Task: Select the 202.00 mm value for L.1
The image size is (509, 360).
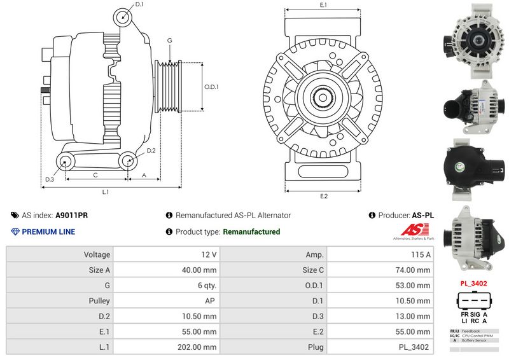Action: [x=200, y=347]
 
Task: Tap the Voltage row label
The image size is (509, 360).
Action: [x=97, y=254]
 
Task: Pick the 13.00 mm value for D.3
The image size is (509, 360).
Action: [x=414, y=316]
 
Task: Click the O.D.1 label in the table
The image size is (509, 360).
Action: [x=314, y=285]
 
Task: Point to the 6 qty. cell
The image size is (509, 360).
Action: [x=205, y=285]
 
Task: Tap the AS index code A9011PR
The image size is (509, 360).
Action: [x=72, y=216]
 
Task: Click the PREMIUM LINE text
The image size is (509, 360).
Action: [x=48, y=232]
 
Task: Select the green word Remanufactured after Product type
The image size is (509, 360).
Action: [x=251, y=232]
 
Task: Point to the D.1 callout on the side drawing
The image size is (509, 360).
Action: [x=139, y=4]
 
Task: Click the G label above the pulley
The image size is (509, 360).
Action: [x=170, y=41]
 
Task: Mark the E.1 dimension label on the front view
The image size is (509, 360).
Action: [x=323, y=5]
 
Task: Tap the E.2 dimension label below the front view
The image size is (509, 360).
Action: [x=323, y=196]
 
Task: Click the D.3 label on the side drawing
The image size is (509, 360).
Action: [x=49, y=179]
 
